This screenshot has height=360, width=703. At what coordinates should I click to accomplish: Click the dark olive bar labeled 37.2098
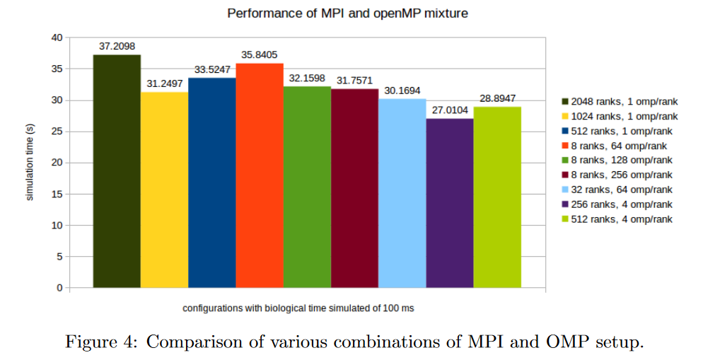117,171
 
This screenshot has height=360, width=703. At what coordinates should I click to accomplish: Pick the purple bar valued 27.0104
450,203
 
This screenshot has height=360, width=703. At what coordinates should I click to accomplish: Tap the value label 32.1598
307,78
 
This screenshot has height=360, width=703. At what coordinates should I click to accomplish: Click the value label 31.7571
354,81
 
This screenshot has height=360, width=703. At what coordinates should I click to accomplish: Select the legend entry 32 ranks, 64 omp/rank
615,190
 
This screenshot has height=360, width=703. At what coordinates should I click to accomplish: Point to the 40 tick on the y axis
57,37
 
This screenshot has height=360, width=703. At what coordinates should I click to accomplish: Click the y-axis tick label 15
57,194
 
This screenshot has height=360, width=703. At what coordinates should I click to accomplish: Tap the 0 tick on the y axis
60,288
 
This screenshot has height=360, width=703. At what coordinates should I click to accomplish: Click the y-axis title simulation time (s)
30,163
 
